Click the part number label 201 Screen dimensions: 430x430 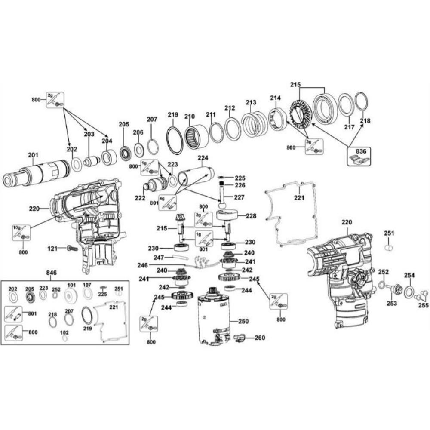tap(33, 155)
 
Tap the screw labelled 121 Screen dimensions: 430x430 tap(71, 248)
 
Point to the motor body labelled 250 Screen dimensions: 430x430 tap(214, 318)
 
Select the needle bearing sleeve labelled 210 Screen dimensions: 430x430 tap(196, 136)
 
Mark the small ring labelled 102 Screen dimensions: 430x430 tap(65, 338)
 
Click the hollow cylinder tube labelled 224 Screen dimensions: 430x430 tap(196, 175)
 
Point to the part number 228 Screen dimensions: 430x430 tap(251, 215)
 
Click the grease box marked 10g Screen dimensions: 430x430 tap(21, 232)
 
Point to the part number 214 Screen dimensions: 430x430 tap(275, 98)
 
